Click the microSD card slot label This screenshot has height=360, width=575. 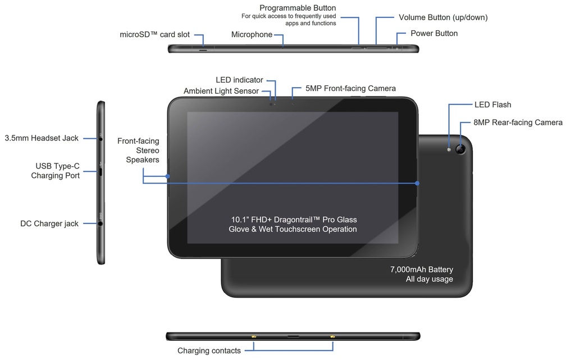(154, 35)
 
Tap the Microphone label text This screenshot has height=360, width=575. (252, 35)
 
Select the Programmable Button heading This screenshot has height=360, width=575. (298, 8)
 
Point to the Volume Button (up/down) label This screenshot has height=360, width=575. (443, 17)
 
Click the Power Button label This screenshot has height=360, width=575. (434, 34)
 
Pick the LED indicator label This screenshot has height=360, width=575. (239, 80)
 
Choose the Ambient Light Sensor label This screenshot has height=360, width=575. (221, 91)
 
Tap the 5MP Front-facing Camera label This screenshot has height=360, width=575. (350, 89)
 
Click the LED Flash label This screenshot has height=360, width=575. (492, 105)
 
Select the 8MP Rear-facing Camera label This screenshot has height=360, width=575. (518, 122)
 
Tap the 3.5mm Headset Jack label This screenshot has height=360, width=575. (42, 138)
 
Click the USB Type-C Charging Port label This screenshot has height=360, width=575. (57, 171)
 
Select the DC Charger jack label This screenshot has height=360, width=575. (49, 224)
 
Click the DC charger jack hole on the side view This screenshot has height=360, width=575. (101, 224)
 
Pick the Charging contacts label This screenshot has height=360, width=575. (209, 351)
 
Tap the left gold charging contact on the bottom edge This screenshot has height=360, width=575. (254, 337)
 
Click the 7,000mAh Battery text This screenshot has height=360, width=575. (421, 270)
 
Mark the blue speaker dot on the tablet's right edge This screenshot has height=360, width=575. (418, 183)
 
